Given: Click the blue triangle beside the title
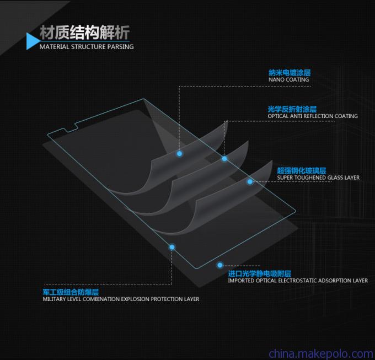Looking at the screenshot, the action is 33,41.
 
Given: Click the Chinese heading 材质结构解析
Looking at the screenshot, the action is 85,33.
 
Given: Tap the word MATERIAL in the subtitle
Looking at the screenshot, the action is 54,47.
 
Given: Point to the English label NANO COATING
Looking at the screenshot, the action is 288,79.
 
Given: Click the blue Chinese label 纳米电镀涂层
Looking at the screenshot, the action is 290,72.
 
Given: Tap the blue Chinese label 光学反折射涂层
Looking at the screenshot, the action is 292,109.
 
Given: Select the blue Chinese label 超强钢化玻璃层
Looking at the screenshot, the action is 302,170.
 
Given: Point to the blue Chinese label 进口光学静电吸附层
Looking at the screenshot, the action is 260,273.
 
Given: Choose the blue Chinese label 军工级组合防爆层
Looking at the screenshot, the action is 71,292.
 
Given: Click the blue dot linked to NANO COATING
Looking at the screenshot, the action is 179,153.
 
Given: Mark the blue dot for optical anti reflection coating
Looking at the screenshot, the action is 224,158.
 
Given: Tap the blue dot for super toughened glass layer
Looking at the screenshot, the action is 250,182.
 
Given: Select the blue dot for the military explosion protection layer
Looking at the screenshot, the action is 172,247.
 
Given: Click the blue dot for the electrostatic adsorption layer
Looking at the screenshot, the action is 220,265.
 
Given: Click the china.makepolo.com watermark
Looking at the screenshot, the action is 321,353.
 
